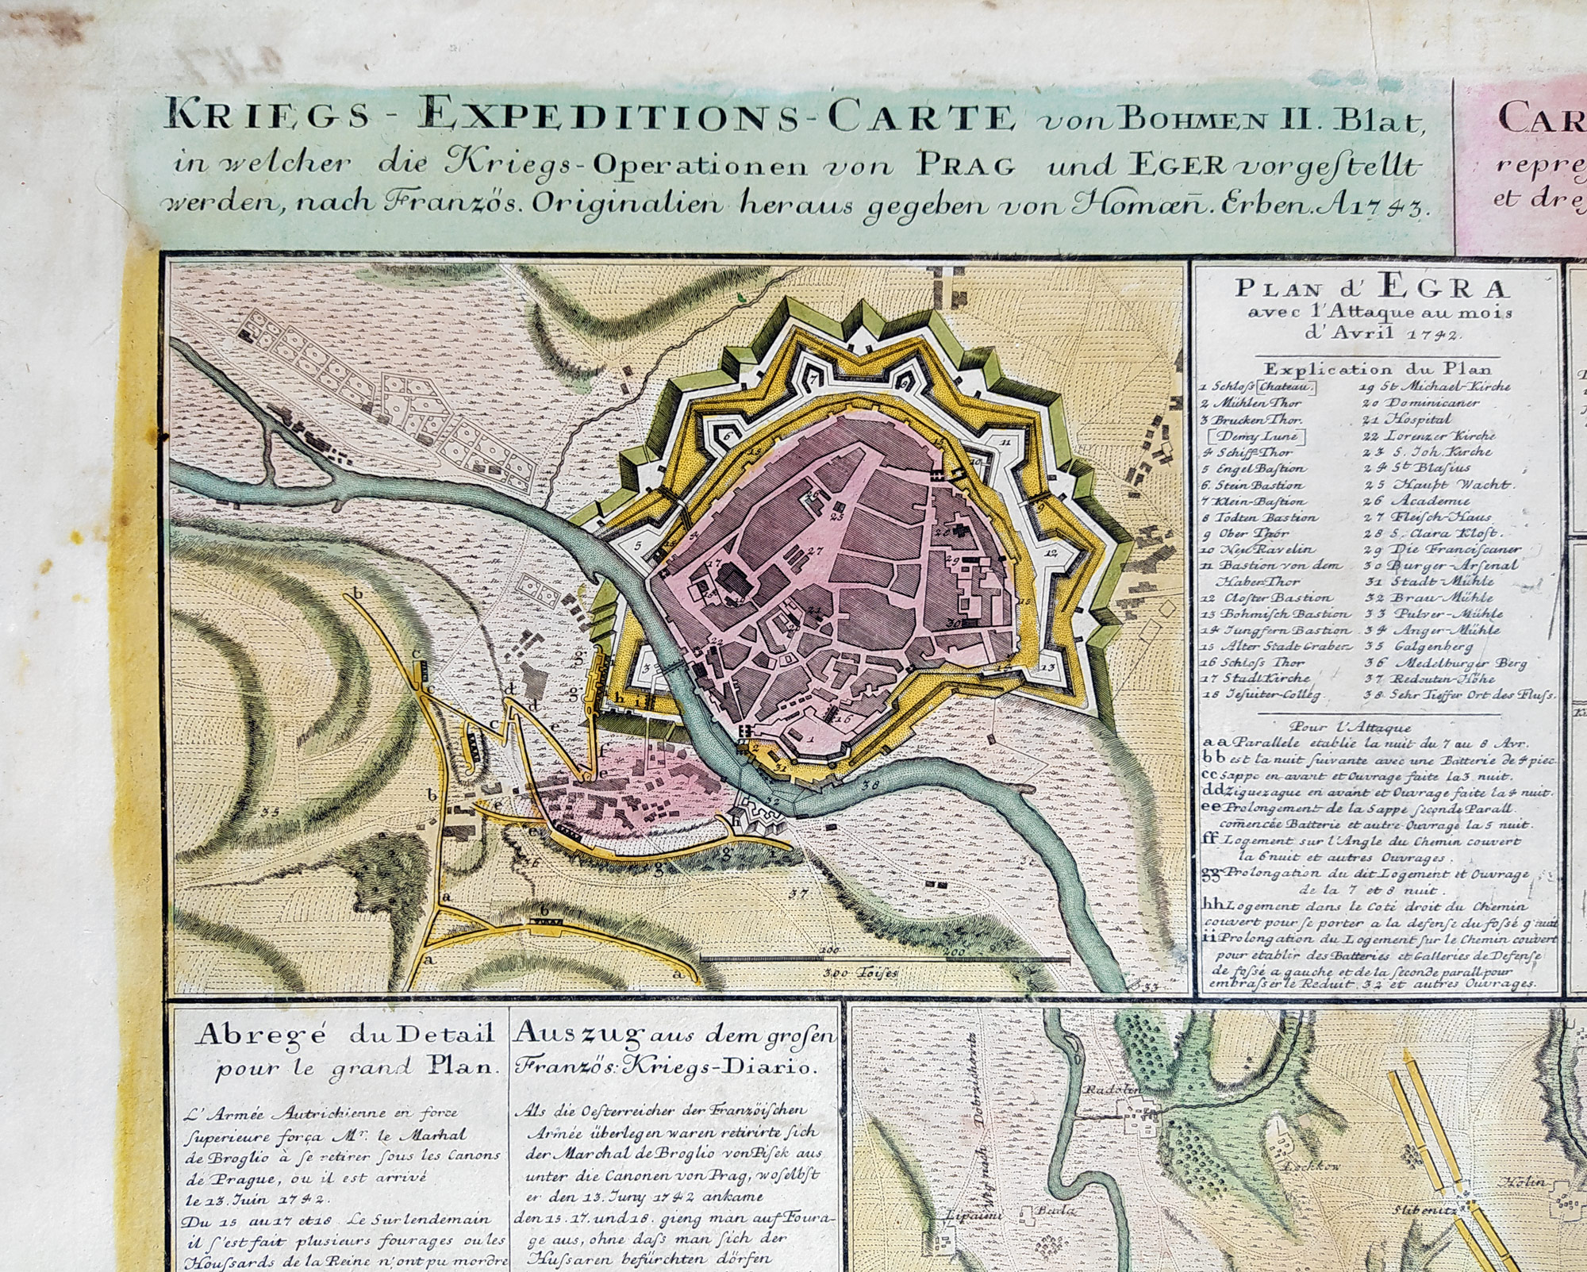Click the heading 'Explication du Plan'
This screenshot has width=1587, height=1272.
[1376, 369]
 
